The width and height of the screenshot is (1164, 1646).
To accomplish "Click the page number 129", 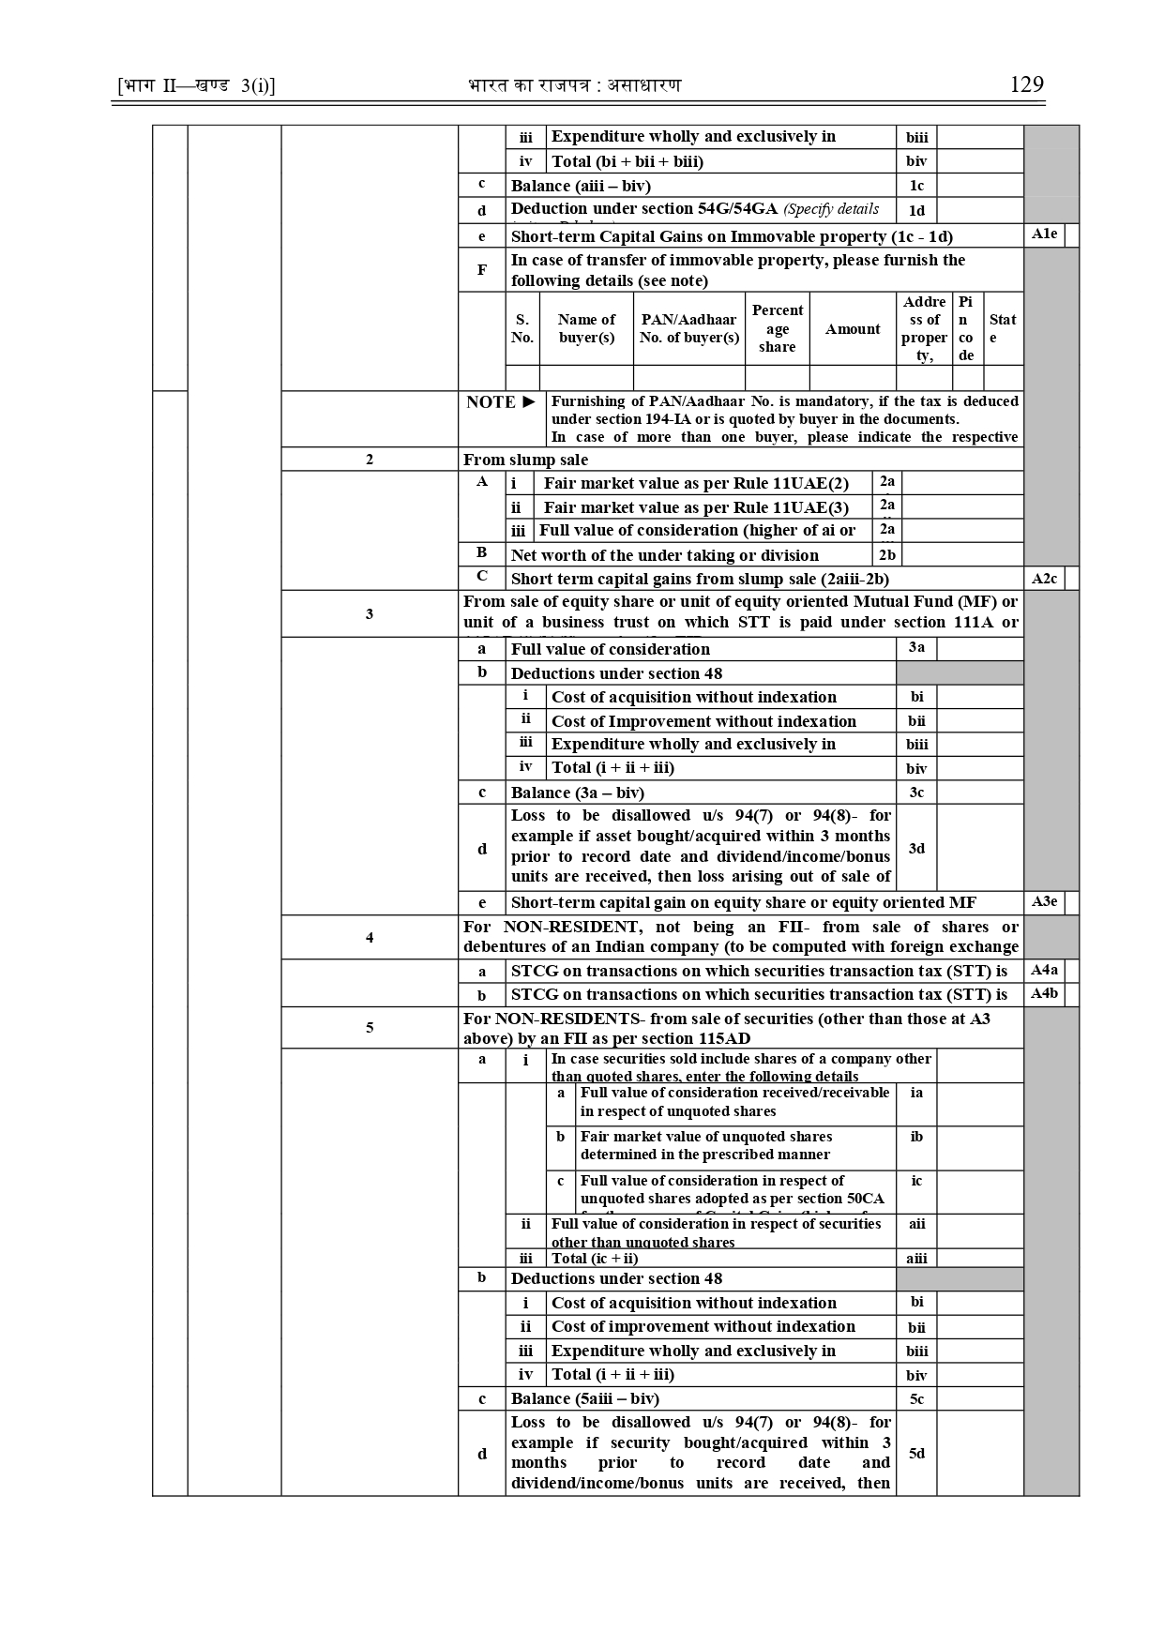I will [1026, 84].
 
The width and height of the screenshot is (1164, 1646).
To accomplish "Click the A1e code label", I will [1044, 234].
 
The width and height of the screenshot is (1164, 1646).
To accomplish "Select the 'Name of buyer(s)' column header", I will [586, 328].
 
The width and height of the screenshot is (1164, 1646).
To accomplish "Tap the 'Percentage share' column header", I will [777, 328].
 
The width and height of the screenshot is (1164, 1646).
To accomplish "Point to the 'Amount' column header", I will [853, 329].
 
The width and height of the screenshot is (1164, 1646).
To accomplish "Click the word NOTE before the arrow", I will [491, 402].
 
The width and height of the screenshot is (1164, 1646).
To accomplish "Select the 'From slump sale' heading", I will [526, 460].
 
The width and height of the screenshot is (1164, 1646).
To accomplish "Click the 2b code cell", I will [887, 555].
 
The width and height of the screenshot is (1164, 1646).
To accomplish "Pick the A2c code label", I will [1044, 579].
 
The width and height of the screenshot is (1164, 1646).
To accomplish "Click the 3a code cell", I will [916, 648].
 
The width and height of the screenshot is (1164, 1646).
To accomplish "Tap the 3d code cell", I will [916, 848].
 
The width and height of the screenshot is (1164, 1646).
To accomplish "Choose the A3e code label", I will [1044, 902].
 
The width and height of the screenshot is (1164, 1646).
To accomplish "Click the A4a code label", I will [1044, 971].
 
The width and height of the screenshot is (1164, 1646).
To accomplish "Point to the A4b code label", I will [1044, 994].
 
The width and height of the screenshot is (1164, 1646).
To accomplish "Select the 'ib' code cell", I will [916, 1137].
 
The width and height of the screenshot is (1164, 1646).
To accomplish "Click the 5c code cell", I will [916, 1399].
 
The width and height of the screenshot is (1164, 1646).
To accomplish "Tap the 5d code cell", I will [916, 1453].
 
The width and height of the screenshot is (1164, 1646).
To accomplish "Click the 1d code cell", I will [916, 210].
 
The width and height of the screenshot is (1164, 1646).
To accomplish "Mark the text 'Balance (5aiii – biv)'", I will [585, 1398].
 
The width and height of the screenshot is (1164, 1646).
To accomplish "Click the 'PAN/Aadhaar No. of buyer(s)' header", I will [689, 328].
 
